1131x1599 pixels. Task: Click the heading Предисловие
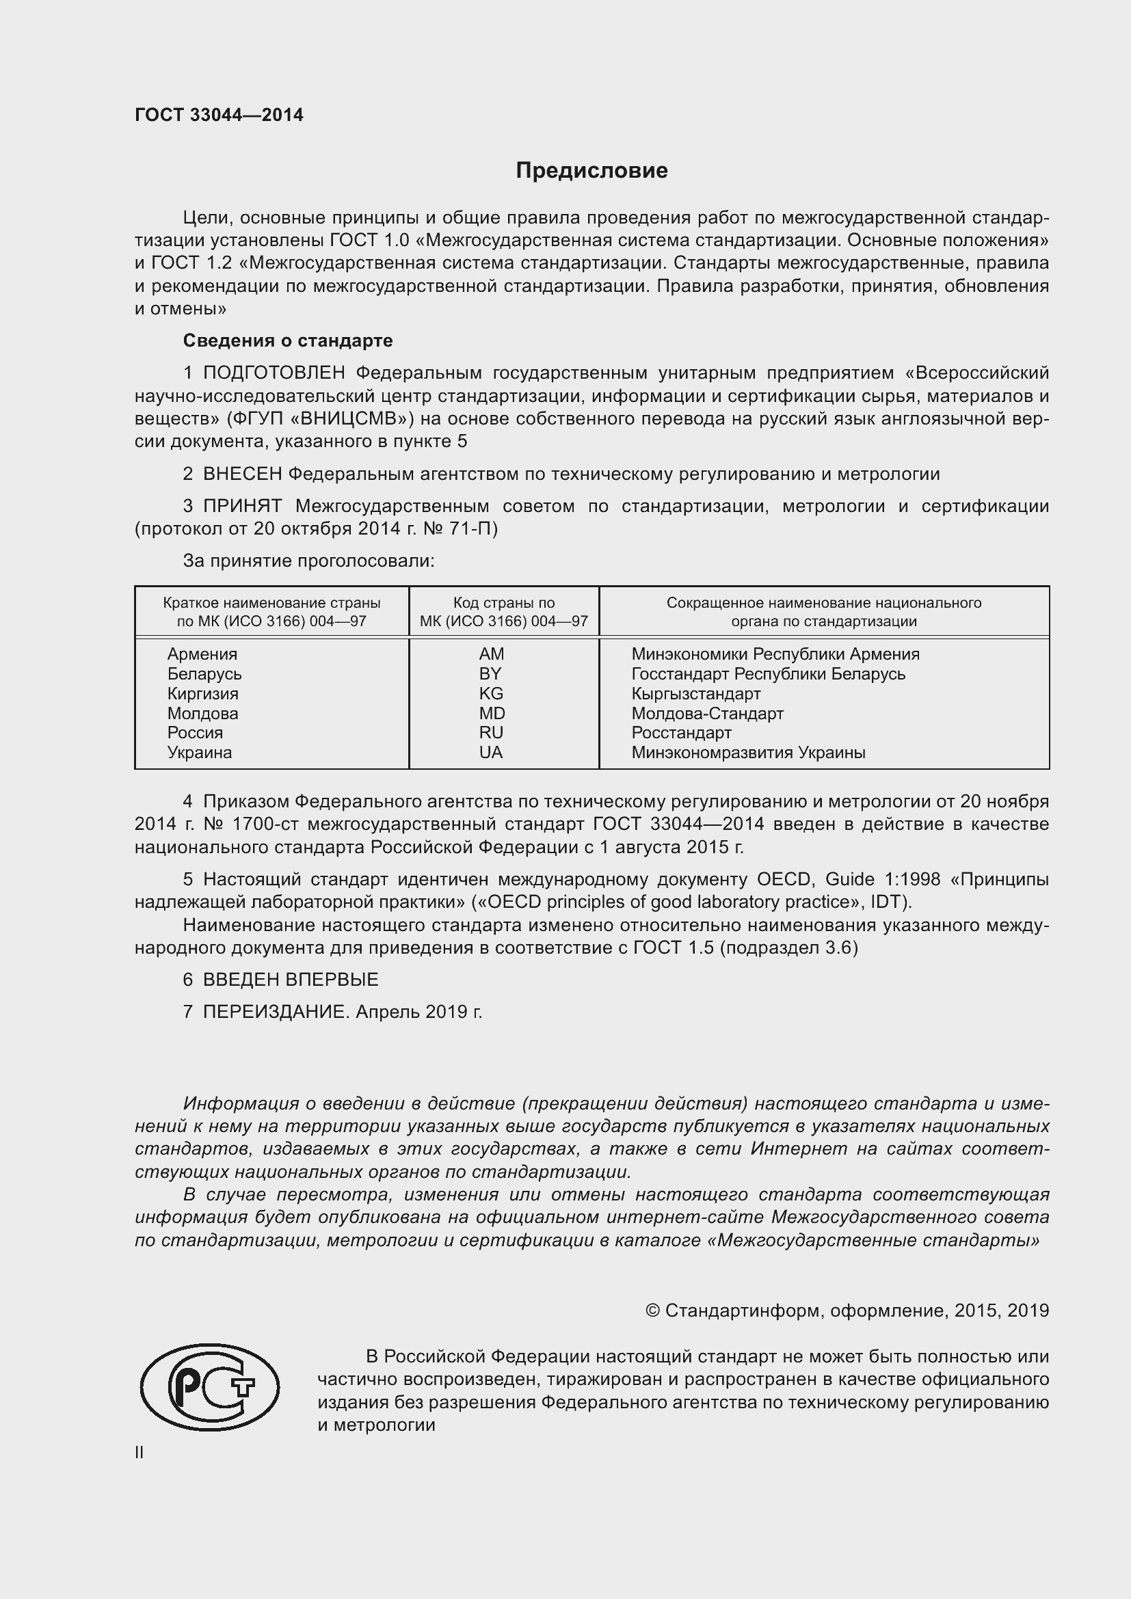(591, 171)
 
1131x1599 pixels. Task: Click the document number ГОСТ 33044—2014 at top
(219, 115)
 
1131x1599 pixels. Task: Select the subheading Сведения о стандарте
(288, 340)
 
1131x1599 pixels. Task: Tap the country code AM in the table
(491, 654)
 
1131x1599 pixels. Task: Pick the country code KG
(491, 694)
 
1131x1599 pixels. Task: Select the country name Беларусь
(204, 673)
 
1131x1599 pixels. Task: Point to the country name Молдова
(202, 713)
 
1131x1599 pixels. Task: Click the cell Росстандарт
(681, 733)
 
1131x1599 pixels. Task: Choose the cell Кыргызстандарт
(695, 694)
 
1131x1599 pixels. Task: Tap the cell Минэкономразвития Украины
(748, 752)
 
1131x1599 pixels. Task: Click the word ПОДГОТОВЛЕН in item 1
(274, 373)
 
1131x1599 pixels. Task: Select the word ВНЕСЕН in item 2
(242, 474)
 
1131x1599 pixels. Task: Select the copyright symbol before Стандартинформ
(652, 1311)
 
